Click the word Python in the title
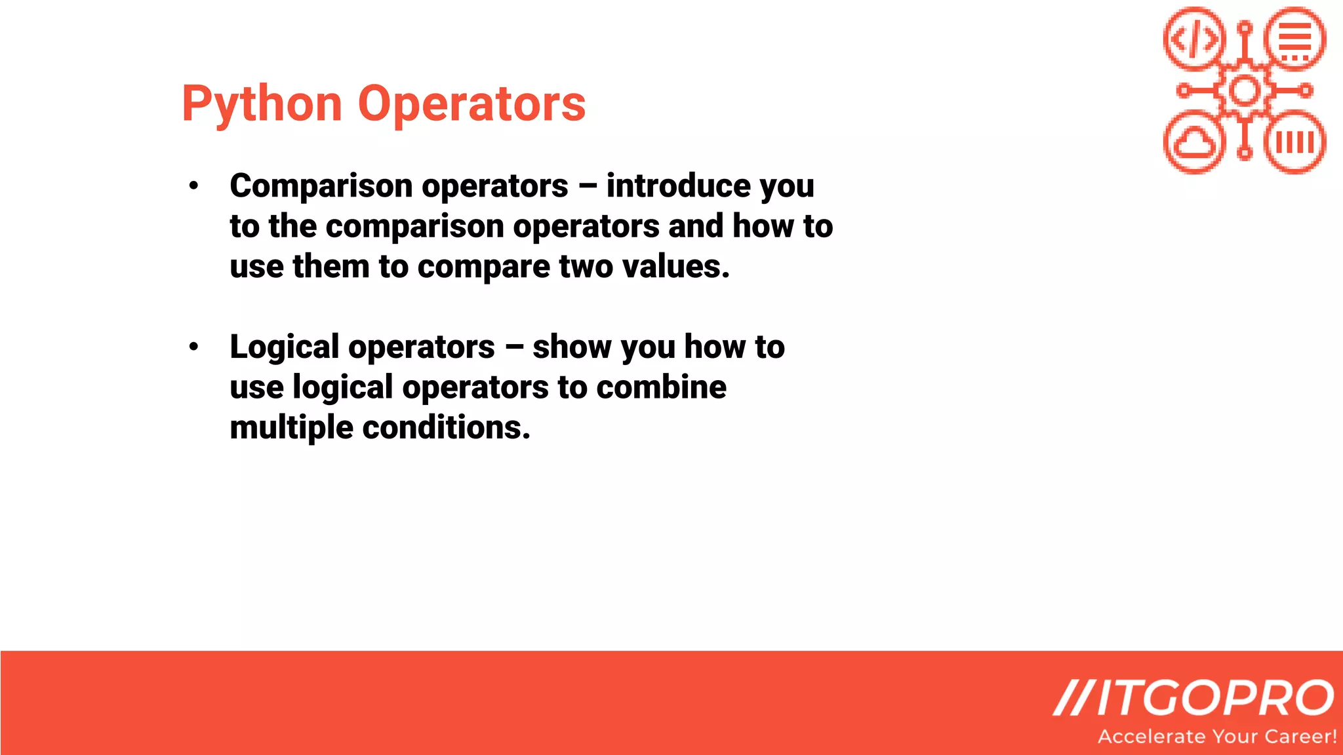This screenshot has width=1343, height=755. (262, 104)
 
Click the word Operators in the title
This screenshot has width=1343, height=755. (471, 104)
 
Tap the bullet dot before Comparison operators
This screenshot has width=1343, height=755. (193, 186)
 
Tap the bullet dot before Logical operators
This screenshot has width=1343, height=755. (193, 347)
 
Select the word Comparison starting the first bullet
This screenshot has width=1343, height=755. (321, 186)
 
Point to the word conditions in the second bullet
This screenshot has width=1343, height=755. (446, 427)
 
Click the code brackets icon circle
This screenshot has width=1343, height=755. (1194, 39)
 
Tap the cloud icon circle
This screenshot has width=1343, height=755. (1194, 142)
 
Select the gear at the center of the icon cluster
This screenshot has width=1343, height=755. (1245, 90)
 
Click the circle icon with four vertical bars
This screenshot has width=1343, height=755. (1295, 142)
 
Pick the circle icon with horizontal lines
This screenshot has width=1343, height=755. (1295, 39)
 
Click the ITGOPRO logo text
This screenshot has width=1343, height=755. (1194, 697)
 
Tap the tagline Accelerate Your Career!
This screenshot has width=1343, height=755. (1217, 737)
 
